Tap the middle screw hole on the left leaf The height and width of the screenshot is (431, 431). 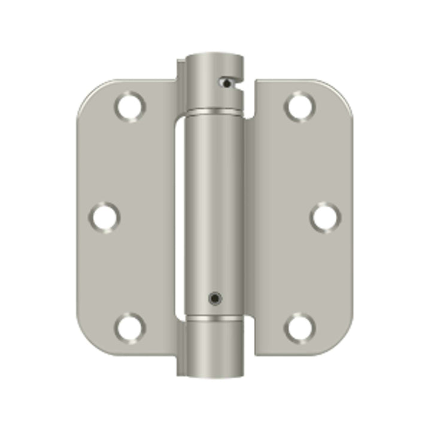coord(105,217)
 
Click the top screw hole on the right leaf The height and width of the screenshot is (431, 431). coord(299,107)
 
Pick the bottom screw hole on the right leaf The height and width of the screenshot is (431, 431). coord(299,327)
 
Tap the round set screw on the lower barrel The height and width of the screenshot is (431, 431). coord(213,297)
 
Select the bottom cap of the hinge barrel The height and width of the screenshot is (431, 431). coord(213,347)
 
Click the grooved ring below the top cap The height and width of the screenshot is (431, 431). coord(213,112)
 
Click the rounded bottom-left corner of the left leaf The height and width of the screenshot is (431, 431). coord(90,341)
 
